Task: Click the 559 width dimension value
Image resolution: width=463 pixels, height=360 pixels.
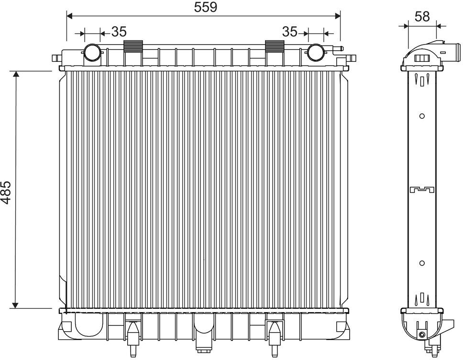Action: point(206,7)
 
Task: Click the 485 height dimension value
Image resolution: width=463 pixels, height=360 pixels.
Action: point(6,192)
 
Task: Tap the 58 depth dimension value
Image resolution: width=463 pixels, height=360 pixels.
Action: point(422,17)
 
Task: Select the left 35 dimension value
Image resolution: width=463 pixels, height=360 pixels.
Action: point(119,32)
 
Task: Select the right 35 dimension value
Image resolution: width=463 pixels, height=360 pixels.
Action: point(290,32)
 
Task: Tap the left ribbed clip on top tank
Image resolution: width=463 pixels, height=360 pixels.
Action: point(133,46)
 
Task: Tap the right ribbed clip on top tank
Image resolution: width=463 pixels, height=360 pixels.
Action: point(275,46)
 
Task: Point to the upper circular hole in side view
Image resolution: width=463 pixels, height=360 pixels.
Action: point(422,116)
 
